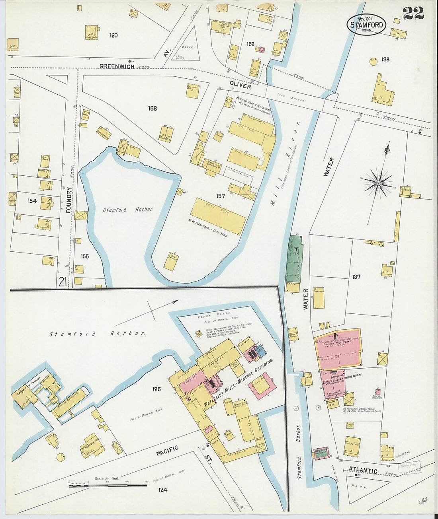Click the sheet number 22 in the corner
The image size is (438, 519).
pos(413,13)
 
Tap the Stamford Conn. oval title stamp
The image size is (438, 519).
pos(366,25)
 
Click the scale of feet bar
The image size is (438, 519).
pos(108,485)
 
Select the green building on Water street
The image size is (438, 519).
pos(294,258)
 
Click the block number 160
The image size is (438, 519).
pos(113,35)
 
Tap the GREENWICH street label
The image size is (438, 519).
pos(117,66)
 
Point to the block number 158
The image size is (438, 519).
pos(153,108)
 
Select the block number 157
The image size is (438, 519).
pos(221,196)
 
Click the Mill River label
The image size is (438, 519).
pos(285,167)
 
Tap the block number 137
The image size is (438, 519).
pos(356,276)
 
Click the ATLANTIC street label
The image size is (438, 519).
pos(363,471)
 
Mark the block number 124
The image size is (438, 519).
pos(162,490)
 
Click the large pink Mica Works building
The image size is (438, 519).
pos(338,348)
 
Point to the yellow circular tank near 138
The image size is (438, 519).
pos(373,61)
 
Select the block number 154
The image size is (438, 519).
pos(32,201)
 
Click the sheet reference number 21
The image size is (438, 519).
pos(62,282)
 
